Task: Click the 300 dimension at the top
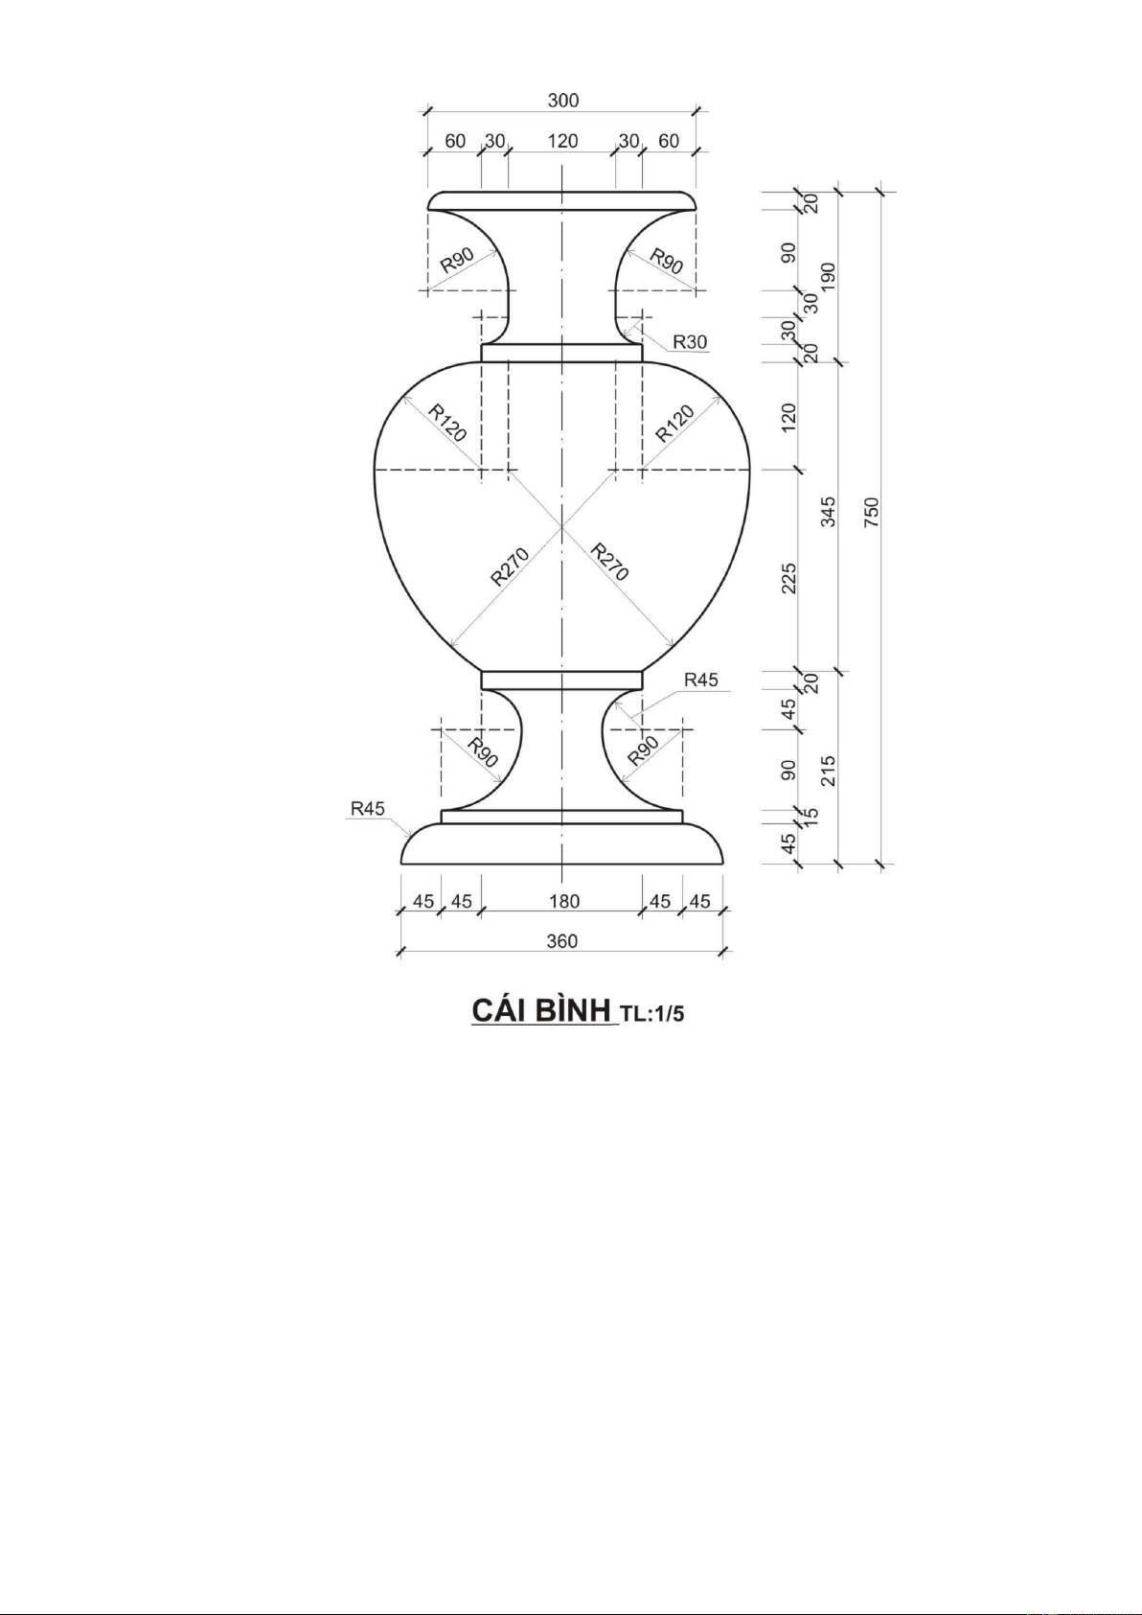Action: click(x=562, y=101)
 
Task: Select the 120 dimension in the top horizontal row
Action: click(x=562, y=141)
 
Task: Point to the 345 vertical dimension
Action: click(x=829, y=512)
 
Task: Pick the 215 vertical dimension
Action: click(x=829, y=771)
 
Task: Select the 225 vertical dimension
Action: click(x=789, y=578)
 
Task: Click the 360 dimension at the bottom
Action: click(x=562, y=941)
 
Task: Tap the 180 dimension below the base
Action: click(x=564, y=901)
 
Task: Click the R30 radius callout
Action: click(x=690, y=341)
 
